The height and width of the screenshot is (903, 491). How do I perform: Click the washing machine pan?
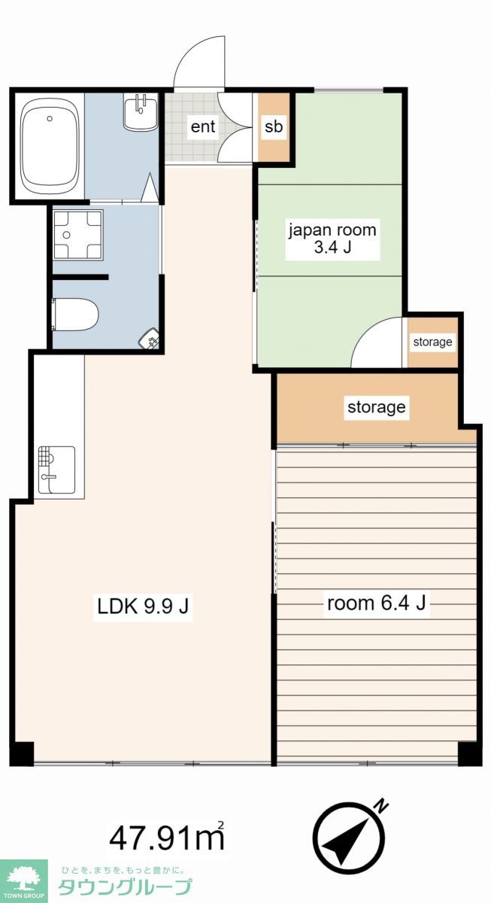78,234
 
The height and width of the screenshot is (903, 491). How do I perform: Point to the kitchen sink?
57,470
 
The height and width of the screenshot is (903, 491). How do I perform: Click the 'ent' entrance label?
203,126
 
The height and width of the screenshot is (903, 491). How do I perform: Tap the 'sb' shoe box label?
274,126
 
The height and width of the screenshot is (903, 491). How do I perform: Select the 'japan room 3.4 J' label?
332,239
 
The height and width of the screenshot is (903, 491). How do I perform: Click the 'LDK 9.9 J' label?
143,607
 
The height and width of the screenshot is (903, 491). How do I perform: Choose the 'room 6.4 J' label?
376,603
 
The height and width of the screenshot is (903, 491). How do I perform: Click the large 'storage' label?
377,407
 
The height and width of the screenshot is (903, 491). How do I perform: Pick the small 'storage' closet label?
432,342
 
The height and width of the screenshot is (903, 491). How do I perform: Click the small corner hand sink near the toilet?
149,338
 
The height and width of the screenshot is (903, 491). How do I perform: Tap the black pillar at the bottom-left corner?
22,753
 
